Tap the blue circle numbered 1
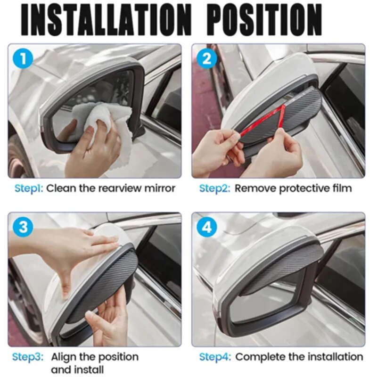pos(23,60)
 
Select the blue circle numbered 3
pos(23,228)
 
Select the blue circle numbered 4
pos(206,228)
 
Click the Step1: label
pos(29,188)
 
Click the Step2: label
pos(215,188)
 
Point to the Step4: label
pos(215,357)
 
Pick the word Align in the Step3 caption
pos(64,357)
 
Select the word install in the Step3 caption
pos(87,369)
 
